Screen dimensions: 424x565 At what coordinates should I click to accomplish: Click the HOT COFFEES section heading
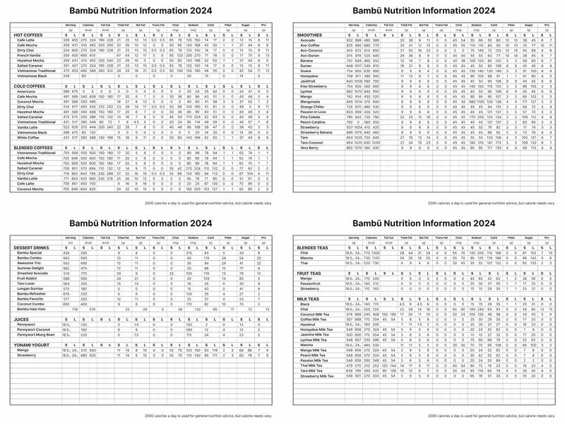28,35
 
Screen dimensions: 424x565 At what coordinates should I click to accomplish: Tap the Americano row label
26,91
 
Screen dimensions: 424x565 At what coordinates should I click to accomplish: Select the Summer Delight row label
33,268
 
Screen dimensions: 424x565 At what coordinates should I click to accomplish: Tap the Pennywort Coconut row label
35,329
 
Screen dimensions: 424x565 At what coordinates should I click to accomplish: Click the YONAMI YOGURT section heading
33,343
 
